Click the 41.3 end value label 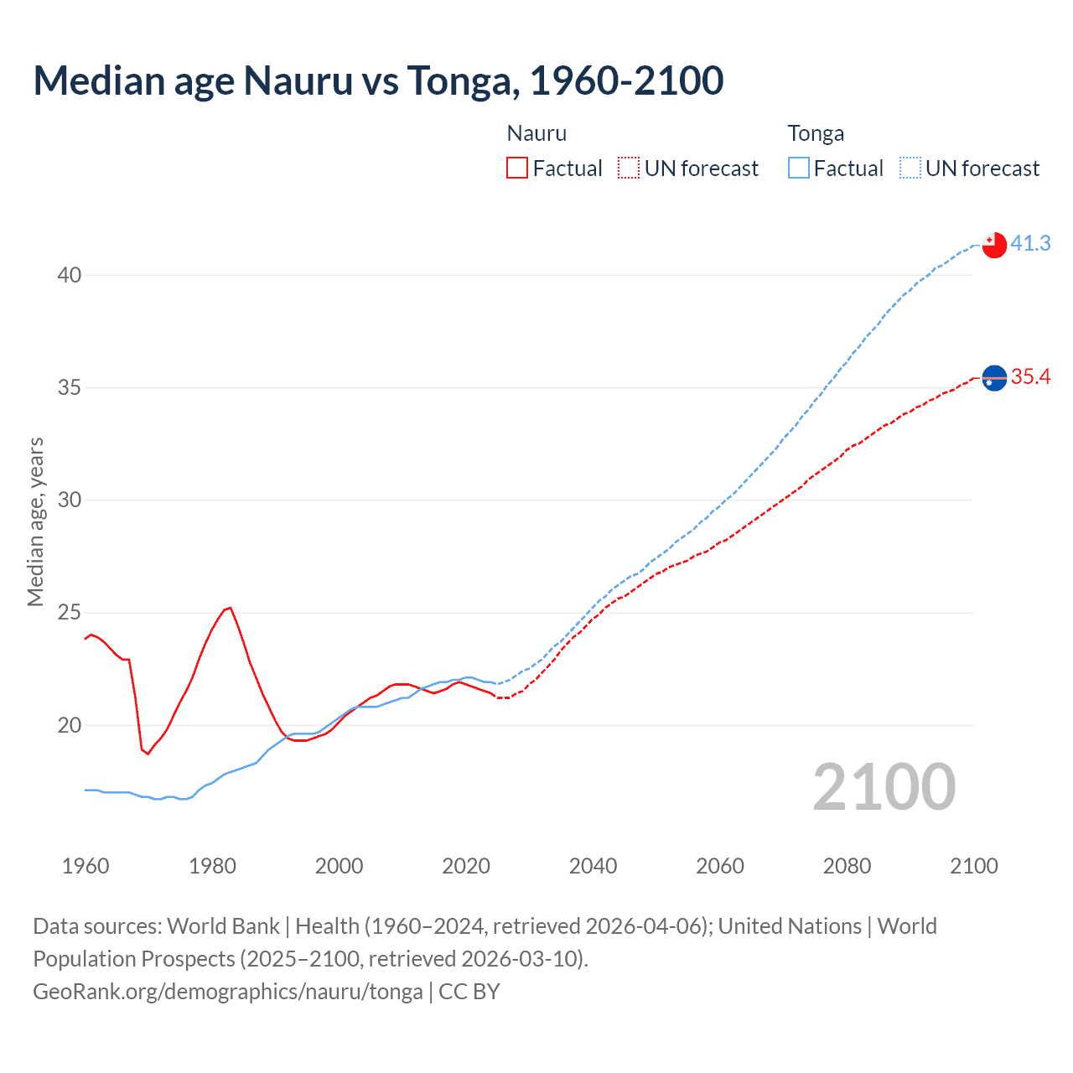tap(1030, 243)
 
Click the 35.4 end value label tap(1030, 376)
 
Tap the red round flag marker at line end tap(994, 245)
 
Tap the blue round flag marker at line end tap(994, 379)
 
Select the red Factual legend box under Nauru tap(517, 168)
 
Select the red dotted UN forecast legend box tap(629, 168)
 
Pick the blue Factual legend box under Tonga tap(799, 168)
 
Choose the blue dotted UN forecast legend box tap(910, 168)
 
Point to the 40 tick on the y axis tap(70, 275)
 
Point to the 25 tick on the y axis tap(70, 613)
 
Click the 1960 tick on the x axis tap(86, 866)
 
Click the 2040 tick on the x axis tap(593, 866)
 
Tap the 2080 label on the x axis tap(847, 866)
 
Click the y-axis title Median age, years tap(35, 521)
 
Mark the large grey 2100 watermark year tap(884, 787)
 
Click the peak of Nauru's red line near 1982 tap(230, 608)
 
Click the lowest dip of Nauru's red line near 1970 tap(148, 754)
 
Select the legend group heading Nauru tap(536, 133)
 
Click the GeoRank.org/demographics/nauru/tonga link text tap(228, 992)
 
